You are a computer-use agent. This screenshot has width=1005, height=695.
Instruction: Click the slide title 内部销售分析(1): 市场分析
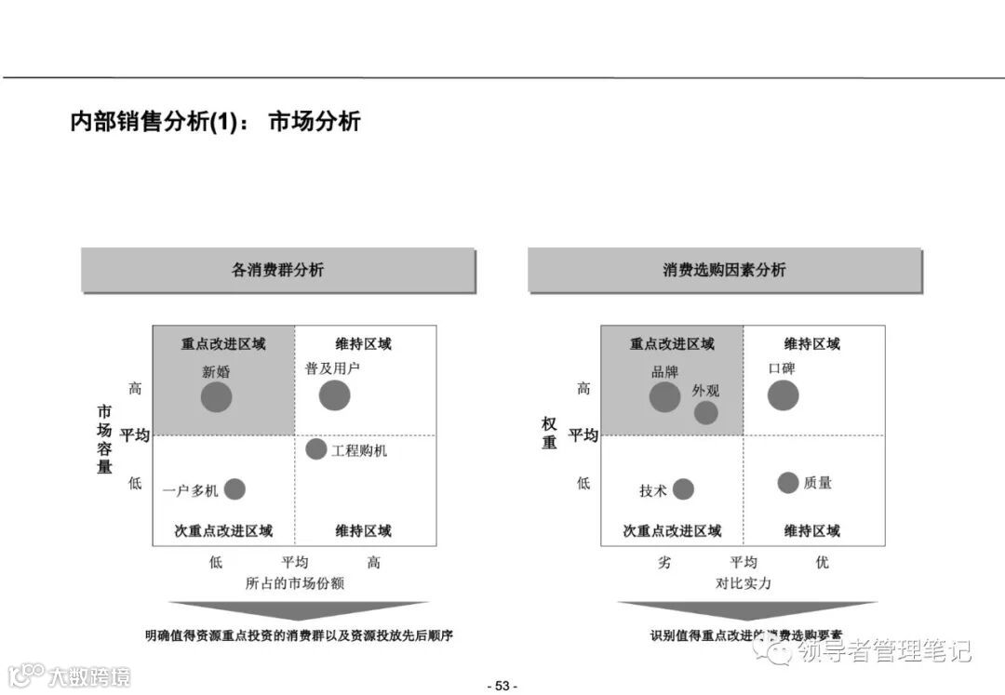(215, 122)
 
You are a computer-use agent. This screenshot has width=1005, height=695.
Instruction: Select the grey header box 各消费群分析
(278, 270)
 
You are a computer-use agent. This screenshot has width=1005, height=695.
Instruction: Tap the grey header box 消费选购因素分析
(724, 270)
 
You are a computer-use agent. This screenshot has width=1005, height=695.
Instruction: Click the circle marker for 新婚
(216, 397)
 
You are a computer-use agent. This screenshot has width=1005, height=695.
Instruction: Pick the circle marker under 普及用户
(334, 395)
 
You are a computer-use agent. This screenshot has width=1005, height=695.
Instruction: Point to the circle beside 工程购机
(316, 449)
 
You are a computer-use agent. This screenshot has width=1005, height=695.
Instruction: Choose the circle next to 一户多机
(234, 489)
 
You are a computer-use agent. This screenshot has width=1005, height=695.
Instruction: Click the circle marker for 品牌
(664, 397)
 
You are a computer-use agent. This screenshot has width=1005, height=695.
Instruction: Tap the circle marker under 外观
(706, 412)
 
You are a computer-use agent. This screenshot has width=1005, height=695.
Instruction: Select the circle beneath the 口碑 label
(783, 395)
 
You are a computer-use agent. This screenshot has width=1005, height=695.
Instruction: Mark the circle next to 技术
(683, 489)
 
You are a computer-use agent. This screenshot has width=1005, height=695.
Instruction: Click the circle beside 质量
(788, 483)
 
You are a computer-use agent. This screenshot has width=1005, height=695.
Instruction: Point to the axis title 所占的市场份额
(295, 583)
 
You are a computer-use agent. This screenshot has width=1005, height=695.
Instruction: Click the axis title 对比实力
(743, 583)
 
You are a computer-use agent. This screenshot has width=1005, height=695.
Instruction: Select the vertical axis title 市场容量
(104, 439)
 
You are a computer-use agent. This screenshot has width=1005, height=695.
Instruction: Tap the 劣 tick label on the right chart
(664, 563)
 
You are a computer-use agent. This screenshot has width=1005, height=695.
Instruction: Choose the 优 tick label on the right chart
(822, 563)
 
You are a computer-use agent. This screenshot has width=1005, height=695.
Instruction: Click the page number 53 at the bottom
(502, 686)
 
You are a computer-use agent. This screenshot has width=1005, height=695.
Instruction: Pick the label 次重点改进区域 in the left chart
(223, 531)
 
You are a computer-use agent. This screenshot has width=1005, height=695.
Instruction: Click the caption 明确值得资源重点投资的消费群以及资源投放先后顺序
(299, 636)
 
